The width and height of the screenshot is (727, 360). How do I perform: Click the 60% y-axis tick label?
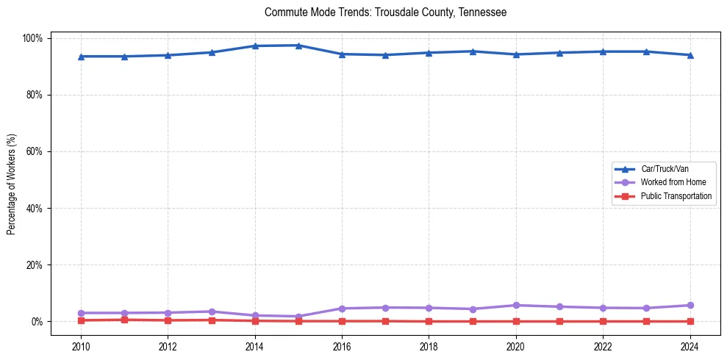coord(36,151)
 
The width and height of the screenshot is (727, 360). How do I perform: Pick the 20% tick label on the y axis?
coord(36,264)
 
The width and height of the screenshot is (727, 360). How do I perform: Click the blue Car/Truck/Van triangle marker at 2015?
coord(298,46)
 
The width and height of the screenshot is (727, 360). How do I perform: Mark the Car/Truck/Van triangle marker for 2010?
coord(81,57)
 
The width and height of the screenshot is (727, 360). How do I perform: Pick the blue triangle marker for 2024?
coord(690,55)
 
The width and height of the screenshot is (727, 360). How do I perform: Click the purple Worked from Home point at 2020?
coord(515,305)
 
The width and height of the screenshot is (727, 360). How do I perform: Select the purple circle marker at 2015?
coord(298,317)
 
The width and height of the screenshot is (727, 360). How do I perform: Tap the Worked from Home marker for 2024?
coord(690,305)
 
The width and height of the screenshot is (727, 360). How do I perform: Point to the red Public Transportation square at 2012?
coord(168,320)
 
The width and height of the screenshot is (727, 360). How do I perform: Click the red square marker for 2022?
coord(603,321)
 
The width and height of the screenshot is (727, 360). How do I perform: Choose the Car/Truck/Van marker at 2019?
coord(472,51)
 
